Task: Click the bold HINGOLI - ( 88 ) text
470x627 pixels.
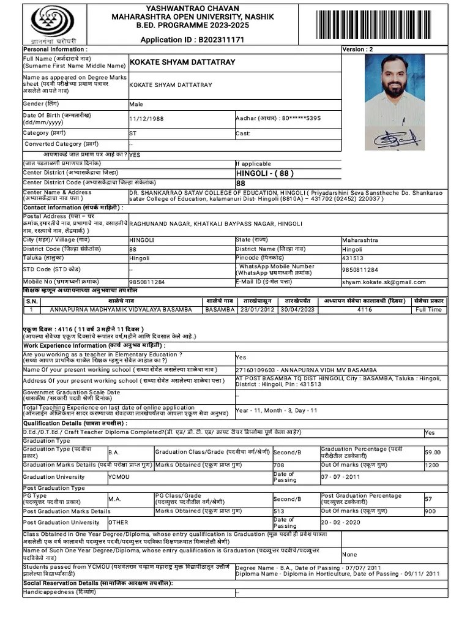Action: point(264,173)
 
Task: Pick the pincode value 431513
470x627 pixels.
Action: point(352,258)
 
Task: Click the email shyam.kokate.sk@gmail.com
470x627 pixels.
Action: point(384,282)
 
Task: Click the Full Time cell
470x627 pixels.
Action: point(428,310)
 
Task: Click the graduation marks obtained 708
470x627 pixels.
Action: point(279,465)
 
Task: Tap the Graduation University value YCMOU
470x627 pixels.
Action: point(119,476)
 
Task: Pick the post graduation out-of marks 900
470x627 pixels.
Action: point(430,511)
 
